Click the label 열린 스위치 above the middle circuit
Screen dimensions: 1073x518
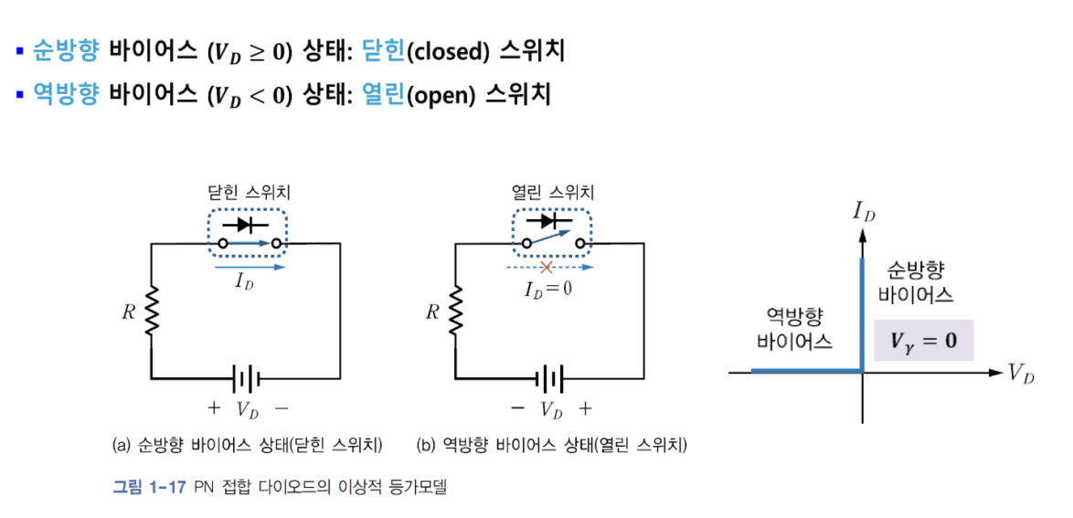pyautogui.click(x=552, y=193)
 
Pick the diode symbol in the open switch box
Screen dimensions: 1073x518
pyautogui.click(x=550, y=222)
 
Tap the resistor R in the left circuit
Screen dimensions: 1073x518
pyautogui.click(x=152, y=311)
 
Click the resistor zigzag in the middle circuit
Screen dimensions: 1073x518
pyautogui.click(x=456, y=311)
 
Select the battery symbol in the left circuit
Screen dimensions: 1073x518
pyautogui.click(x=246, y=376)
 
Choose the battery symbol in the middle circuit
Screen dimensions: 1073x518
pyautogui.click(x=551, y=376)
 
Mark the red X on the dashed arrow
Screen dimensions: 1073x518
pyautogui.click(x=546, y=268)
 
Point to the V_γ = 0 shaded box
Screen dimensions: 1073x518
pyautogui.click(x=923, y=341)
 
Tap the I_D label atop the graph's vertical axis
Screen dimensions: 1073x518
pyautogui.click(x=864, y=213)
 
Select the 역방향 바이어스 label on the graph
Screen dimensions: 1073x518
pyautogui.click(x=795, y=330)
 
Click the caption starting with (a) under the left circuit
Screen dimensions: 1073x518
pyautogui.click(x=246, y=446)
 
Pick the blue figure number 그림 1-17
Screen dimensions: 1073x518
pyautogui.click(x=149, y=487)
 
